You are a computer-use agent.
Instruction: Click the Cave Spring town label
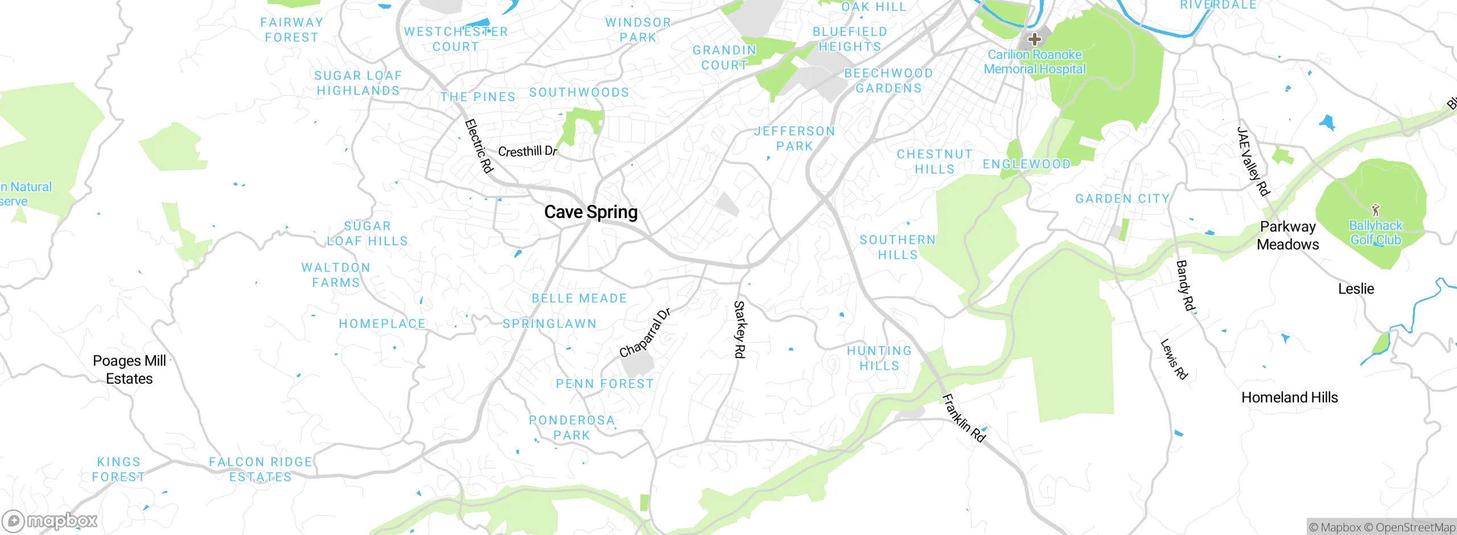(591, 212)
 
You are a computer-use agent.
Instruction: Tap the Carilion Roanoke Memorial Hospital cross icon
(1034, 39)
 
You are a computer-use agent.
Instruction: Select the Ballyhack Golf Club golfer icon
(1376, 209)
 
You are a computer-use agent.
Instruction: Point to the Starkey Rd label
(739, 330)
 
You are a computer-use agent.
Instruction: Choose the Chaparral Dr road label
(645, 333)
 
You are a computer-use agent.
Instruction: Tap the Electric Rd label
(479, 146)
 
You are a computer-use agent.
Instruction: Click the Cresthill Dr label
(527, 151)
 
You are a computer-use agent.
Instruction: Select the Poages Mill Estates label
(129, 369)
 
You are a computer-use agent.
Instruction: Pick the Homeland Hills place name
(1289, 397)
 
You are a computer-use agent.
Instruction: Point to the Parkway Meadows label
(1287, 235)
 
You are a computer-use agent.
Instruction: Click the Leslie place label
(1356, 289)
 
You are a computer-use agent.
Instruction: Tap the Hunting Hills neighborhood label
(879, 358)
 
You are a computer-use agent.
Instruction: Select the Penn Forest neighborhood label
(604, 384)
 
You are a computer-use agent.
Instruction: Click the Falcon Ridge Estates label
(261, 469)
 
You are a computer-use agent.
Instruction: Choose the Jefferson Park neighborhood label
(795, 138)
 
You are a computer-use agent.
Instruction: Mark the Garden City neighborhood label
(1122, 199)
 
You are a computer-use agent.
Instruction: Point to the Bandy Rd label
(1186, 286)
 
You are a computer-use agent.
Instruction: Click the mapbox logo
(50, 520)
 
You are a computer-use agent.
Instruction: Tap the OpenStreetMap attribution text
(1415, 528)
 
